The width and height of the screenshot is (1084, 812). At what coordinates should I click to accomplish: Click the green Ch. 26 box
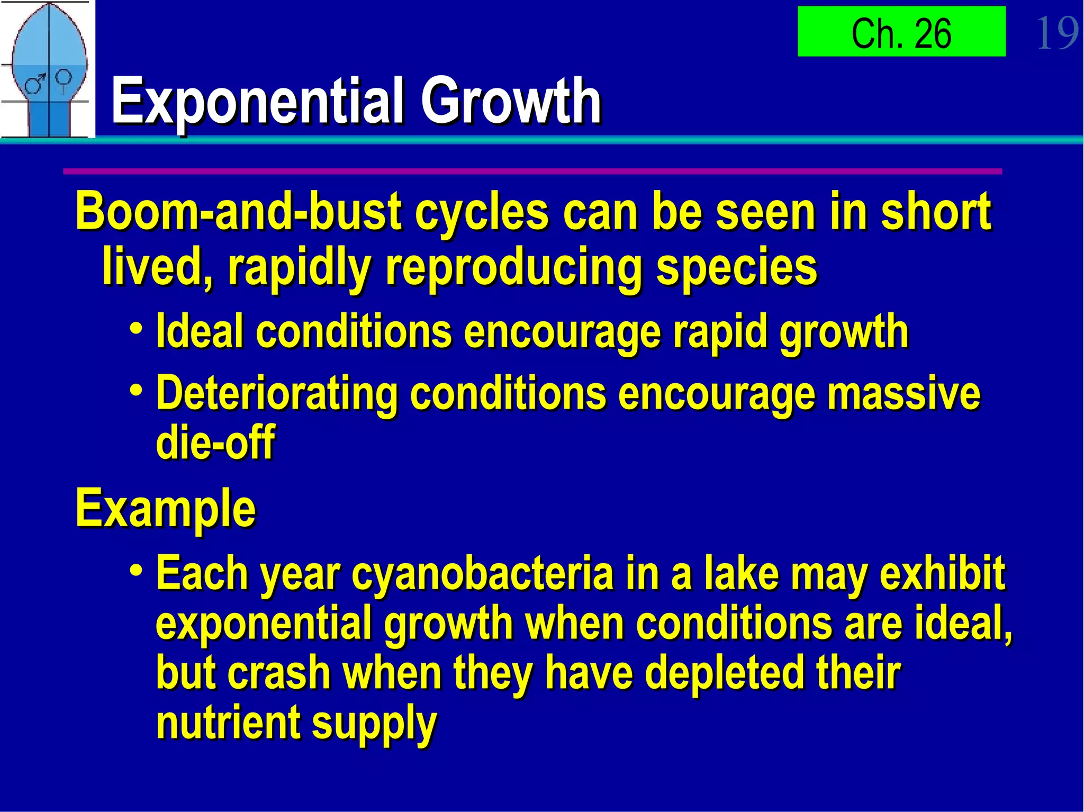tap(901, 32)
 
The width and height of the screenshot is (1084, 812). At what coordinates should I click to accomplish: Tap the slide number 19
tap(1056, 33)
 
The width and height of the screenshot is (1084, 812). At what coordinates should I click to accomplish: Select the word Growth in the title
tap(510, 101)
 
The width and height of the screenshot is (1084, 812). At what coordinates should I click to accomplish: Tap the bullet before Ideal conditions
tap(136, 329)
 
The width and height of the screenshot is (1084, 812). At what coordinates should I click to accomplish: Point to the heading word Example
tap(166, 508)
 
